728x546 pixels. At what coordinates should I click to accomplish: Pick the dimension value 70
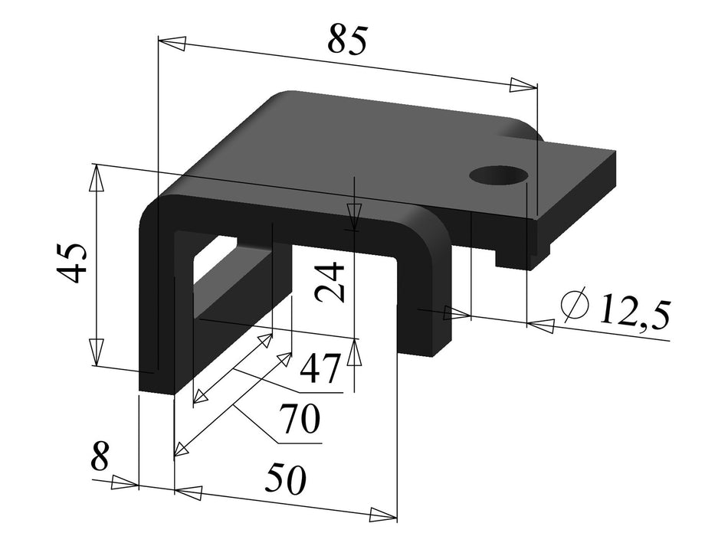(298, 420)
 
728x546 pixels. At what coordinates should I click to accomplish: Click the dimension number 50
(286, 479)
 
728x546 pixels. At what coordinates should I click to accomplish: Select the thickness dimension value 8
(100, 458)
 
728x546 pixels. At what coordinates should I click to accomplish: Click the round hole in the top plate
(500, 175)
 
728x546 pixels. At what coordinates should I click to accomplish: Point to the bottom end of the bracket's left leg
(156, 382)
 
